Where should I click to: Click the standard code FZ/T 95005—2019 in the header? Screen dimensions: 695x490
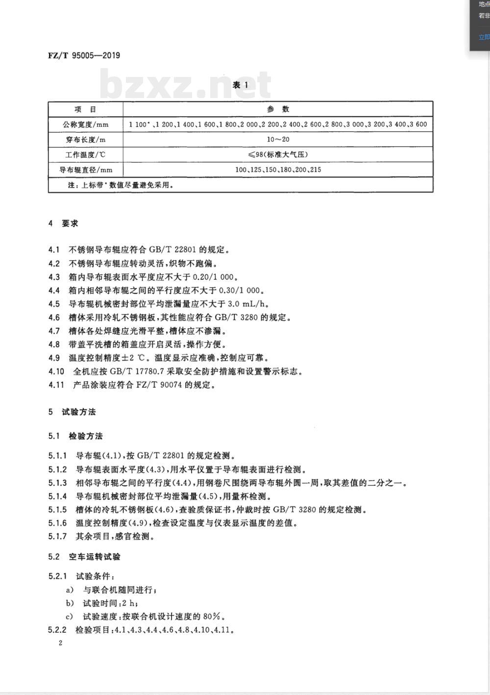point(84,55)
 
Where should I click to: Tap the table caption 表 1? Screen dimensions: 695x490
point(240,85)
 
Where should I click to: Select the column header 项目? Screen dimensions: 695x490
point(85,109)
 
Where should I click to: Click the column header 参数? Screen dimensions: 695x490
point(278,109)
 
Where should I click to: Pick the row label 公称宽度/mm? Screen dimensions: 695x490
point(85,124)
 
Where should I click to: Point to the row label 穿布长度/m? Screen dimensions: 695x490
point(85,140)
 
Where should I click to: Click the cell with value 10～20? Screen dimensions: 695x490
point(278,140)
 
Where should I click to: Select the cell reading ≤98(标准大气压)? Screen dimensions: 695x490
point(278,155)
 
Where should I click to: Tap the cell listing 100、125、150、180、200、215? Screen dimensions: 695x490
point(278,170)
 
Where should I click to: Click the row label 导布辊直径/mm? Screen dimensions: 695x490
point(85,170)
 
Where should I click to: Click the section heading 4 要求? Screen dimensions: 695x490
point(63,223)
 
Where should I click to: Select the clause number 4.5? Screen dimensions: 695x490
point(54,304)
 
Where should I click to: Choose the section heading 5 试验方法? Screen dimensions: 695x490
point(72,412)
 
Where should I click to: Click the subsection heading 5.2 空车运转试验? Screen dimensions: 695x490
point(84,557)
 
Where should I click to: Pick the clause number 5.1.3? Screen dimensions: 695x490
point(57,483)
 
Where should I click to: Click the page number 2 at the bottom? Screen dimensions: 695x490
point(60,643)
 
